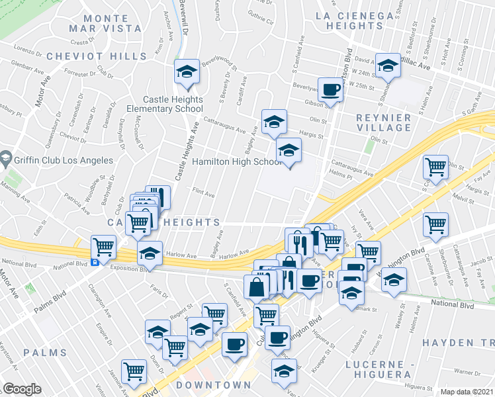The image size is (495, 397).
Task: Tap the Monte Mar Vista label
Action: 105,22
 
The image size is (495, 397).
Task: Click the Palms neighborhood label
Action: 45,353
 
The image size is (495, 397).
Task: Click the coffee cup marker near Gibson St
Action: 330,89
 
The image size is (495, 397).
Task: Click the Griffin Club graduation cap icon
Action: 6,159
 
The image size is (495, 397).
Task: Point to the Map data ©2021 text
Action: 467,392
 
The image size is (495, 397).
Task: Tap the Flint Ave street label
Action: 203,195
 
